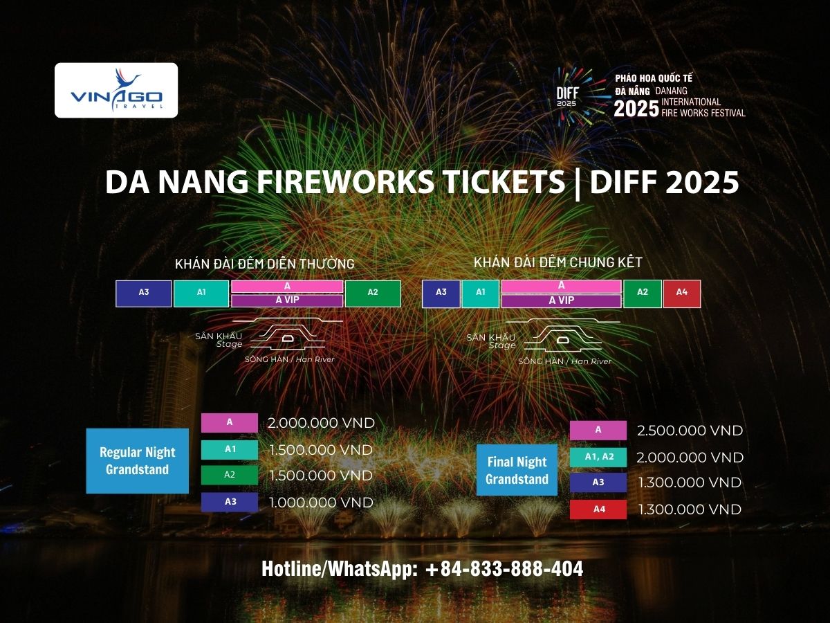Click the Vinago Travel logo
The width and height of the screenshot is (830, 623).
tap(116, 90)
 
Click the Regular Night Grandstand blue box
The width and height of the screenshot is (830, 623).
tap(137, 461)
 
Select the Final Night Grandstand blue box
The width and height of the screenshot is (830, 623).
tap(517, 470)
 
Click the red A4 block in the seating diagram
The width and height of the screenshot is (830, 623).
tap(682, 294)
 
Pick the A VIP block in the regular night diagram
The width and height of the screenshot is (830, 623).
tap(287, 300)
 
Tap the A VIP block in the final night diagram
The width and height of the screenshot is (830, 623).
tap(561, 300)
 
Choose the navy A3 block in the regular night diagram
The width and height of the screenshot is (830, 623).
tap(144, 293)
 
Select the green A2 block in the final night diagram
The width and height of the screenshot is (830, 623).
tap(643, 294)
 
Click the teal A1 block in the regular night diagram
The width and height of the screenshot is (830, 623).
tap(201, 293)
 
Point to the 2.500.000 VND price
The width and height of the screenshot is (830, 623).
tap(690, 431)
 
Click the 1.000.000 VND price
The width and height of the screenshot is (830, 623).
tap(321, 503)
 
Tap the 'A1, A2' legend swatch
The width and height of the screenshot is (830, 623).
tap(598, 457)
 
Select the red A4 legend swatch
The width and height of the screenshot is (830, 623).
tap(598, 509)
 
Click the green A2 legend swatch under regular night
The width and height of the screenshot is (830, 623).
tap(229, 475)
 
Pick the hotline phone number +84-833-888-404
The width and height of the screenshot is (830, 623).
tap(504, 569)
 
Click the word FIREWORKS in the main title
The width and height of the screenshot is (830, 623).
tap(345, 182)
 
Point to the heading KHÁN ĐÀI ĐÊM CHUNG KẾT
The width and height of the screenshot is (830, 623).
tap(557, 262)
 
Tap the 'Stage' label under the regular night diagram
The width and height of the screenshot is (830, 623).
tap(229, 344)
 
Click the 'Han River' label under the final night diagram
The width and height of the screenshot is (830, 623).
tap(591, 361)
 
